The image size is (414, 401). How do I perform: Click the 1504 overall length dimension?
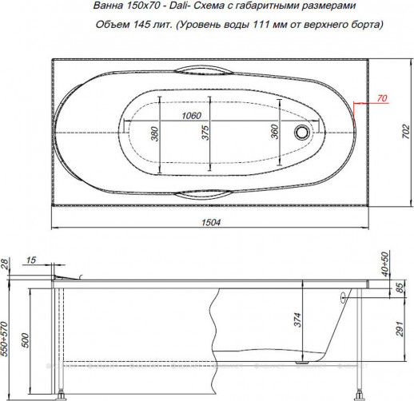(210, 222)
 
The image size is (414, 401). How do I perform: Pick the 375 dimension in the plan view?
(205, 133)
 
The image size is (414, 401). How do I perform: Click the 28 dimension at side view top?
(7, 264)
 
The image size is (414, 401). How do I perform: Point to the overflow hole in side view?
(344, 296)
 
